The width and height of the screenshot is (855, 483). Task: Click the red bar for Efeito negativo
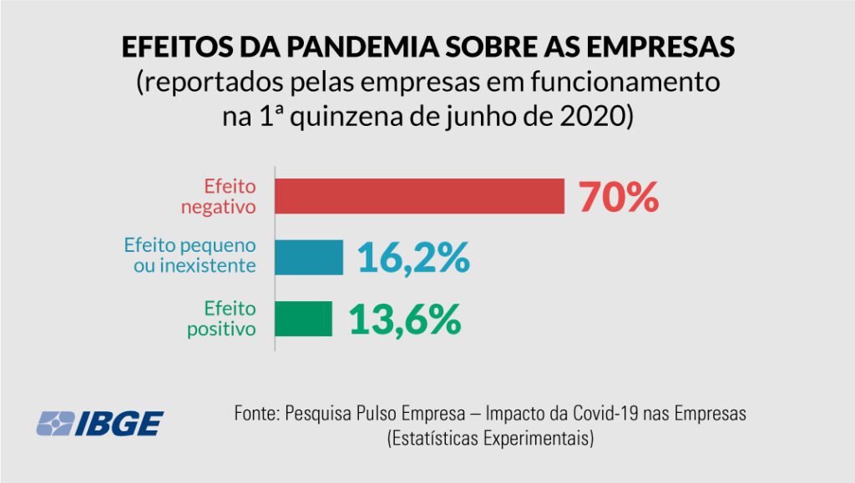click(x=420, y=196)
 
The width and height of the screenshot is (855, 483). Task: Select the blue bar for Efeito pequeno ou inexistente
click(x=309, y=257)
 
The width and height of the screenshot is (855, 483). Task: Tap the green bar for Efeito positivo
click(x=303, y=319)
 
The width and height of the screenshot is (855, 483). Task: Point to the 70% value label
click(x=620, y=197)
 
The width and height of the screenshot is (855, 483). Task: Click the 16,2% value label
click(x=413, y=258)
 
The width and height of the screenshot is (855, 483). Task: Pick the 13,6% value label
click(x=404, y=319)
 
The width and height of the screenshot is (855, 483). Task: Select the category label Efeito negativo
click(x=218, y=196)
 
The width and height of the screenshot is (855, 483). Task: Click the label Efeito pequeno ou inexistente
click(x=190, y=257)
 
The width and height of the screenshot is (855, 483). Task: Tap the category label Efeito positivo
click(x=220, y=319)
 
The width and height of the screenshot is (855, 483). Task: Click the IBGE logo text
click(x=124, y=424)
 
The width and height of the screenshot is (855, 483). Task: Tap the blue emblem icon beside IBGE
click(x=55, y=424)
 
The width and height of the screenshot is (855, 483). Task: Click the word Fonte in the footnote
click(x=256, y=414)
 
